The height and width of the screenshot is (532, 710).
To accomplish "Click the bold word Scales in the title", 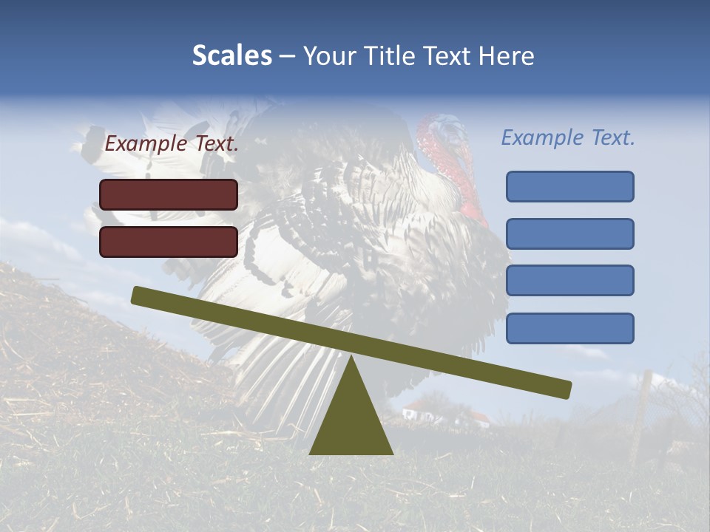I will pos(231,55).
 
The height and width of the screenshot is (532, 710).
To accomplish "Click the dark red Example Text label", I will pos(172,144).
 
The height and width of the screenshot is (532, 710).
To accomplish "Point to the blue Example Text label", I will pos(568,137).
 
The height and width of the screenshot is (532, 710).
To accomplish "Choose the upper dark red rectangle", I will pos(169,194).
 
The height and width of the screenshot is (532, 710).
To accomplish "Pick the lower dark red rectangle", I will pos(169,242).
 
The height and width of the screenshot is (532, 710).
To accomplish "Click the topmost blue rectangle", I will pos(569,186).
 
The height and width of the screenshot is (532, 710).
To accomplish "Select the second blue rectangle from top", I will pos(569,233).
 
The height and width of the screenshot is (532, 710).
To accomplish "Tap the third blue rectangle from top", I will pos(569,280).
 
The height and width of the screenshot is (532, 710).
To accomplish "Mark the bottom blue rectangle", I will pos(569,328).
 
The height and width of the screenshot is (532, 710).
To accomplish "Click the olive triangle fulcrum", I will pos(351,421).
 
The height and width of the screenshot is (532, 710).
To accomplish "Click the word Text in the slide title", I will pos(451,55).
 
